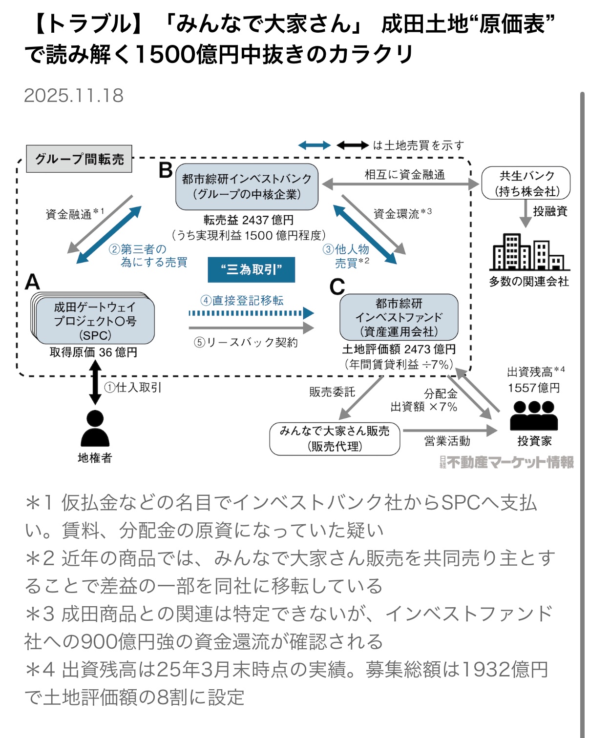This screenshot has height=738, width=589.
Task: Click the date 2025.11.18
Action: point(74,96)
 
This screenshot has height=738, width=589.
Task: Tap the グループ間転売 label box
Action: point(79,159)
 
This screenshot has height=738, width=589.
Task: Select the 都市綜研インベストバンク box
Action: point(247,186)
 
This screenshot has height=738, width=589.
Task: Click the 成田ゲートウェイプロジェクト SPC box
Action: point(95,321)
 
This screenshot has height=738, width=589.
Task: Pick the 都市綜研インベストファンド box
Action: point(399,317)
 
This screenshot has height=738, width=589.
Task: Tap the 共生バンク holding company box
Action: point(526,183)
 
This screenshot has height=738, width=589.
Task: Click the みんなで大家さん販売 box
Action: point(335,438)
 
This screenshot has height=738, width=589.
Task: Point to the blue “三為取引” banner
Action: point(251,269)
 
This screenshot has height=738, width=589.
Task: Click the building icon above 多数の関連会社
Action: point(529,252)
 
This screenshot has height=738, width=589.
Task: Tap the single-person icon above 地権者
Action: point(95,428)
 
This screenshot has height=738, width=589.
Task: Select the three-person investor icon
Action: point(534,415)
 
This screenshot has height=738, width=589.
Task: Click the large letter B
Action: point(166,170)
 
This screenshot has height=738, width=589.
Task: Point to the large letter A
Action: point(32,282)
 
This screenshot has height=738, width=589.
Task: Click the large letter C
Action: point(337,287)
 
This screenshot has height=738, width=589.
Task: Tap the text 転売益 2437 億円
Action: point(249,220)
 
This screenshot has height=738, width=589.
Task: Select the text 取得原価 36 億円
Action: point(93,352)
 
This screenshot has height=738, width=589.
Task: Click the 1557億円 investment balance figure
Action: point(533,388)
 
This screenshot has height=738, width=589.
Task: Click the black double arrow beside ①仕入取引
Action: point(95,382)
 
